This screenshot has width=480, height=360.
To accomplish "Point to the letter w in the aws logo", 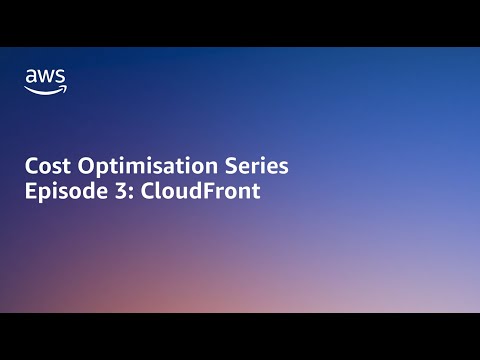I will coord(46,76).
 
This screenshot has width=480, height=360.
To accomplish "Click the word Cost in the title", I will coord(47,166).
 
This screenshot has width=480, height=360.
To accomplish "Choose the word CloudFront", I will coord(197,191).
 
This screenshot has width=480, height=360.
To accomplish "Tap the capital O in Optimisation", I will coord(81,166).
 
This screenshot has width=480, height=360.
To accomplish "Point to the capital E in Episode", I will coord(30,191).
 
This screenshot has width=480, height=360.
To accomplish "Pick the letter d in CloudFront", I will coord(193,191).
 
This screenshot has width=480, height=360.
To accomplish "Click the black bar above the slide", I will coord(240,22).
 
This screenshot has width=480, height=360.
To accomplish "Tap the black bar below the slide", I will coord(240,337).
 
